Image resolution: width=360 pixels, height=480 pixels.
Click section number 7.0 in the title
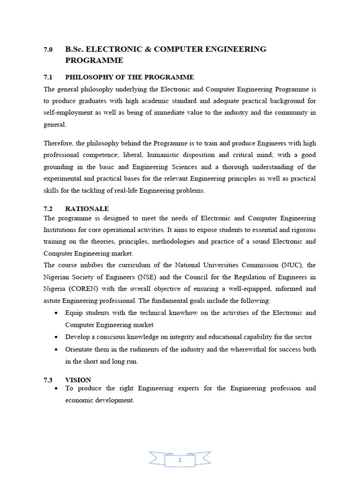click(x=48, y=49)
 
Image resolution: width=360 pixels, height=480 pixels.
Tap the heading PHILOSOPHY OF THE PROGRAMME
click(x=129, y=77)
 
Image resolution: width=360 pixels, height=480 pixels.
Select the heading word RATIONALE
click(x=87, y=209)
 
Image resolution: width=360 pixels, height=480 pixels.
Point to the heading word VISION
click(x=78, y=380)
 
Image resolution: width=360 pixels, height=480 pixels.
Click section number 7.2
click(x=48, y=209)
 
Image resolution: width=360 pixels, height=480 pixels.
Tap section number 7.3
click(x=48, y=380)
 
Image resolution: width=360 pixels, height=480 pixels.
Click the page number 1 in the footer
click(x=180, y=447)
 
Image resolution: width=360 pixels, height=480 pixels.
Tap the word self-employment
click(x=67, y=112)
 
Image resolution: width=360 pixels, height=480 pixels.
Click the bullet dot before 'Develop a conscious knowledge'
click(x=56, y=337)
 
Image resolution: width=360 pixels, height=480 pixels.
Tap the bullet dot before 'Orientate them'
click(x=56, y=350)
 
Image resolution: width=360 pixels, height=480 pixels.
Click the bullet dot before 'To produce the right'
click(x=56, y=389)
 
